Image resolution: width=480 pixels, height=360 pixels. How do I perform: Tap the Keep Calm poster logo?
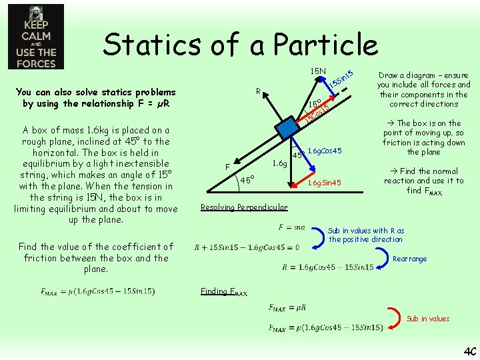(36, 37)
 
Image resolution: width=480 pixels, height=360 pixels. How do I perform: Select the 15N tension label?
(318, 71)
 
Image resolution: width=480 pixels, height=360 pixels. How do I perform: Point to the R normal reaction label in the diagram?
(258, 89)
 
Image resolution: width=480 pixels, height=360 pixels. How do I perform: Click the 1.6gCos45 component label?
(325, 151)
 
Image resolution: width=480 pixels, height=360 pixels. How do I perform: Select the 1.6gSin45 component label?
(323, 183)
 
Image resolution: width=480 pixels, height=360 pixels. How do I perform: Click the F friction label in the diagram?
(227, 166)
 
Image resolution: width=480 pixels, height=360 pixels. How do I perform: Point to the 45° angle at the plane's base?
(246, 180)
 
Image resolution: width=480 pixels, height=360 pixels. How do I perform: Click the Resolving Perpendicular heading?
(244, 207)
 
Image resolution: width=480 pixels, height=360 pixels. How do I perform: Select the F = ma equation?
(291, 228)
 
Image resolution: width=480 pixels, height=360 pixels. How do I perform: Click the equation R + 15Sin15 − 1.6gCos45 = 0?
(247, 247)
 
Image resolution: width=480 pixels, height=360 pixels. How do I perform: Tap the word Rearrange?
(410, 259)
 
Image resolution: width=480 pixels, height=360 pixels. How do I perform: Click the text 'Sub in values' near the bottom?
(428, 319)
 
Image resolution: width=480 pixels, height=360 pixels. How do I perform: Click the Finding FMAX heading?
(223, 291)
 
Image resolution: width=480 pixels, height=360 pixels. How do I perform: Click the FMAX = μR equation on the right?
(288, 308)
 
